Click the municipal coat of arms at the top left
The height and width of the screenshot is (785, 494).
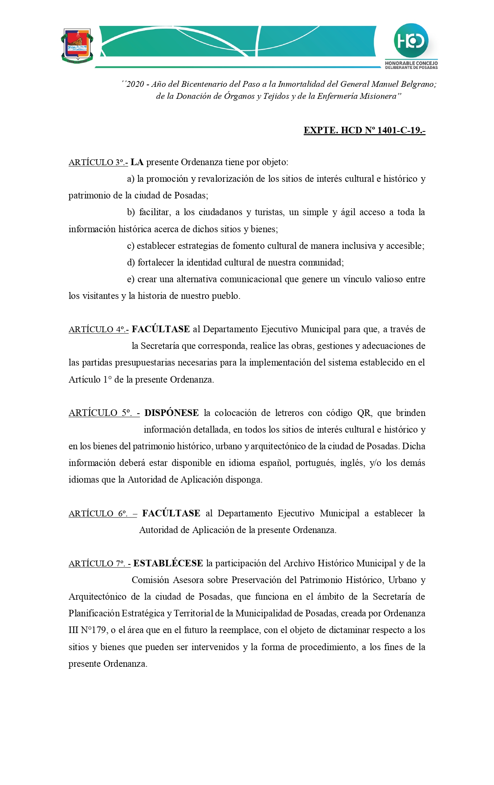(77, 45)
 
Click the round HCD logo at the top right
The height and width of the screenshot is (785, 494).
(411, 41)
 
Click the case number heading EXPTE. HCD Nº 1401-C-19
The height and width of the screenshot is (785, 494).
(364, 130)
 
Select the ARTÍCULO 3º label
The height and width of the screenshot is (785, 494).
(98, 162)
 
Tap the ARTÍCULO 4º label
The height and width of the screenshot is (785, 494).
(98, 330)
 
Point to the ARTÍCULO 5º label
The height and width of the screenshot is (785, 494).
(104, 413)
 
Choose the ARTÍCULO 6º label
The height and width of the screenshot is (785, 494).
(103, 514)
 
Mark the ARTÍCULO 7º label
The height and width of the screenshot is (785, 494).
(100, 564)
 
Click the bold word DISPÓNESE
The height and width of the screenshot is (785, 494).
(172, 413)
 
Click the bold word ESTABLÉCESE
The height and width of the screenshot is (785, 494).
(168, 563)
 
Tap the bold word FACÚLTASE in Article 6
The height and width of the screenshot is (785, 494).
(171, 513)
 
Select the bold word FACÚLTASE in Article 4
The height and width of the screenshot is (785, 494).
(161, 329)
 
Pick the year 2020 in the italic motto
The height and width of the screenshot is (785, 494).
(135, 84)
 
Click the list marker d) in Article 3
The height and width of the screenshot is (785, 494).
(131, 263)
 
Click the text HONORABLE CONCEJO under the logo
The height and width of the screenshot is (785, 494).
(411, 63)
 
